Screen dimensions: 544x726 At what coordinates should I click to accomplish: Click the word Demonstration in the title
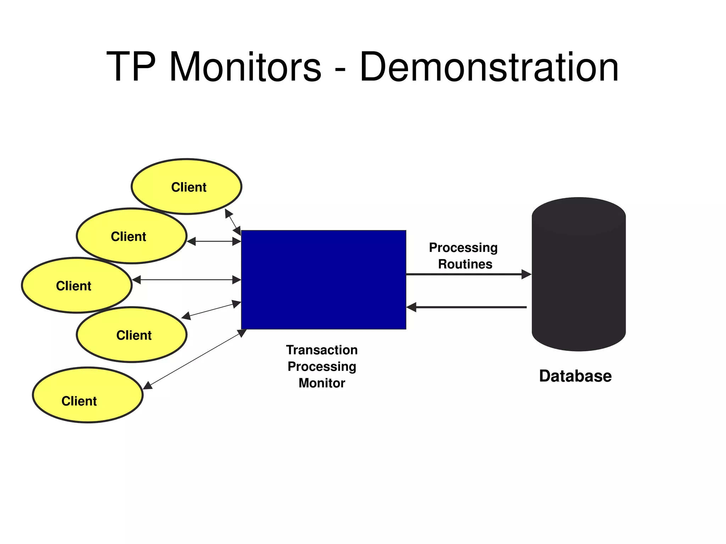(489, 67)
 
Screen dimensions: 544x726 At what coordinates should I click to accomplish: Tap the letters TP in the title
(130, 67)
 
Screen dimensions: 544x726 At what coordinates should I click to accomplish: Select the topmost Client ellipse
(186, 186)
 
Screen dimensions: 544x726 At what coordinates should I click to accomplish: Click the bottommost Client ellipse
(88, 395)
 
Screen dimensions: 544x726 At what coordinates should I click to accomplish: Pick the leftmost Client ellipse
(77, 285)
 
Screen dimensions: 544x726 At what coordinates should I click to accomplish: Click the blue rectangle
(323, 280)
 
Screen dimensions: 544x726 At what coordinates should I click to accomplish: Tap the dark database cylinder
(579, 280)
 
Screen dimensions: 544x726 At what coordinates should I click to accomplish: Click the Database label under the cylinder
(575, 376)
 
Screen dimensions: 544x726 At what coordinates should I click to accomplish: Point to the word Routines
(465, 264)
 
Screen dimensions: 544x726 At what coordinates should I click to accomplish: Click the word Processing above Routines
(463, 247)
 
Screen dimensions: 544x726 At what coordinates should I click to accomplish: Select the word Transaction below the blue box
(322, 350)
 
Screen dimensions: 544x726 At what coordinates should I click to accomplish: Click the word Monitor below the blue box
(322, 383)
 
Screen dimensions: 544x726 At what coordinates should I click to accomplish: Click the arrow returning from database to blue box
(468, 307)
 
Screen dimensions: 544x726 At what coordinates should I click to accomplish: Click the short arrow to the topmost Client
(233, 221)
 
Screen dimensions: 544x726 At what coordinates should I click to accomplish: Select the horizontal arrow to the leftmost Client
(186, 280)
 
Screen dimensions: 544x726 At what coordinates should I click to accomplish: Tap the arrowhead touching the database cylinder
(526, 274)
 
